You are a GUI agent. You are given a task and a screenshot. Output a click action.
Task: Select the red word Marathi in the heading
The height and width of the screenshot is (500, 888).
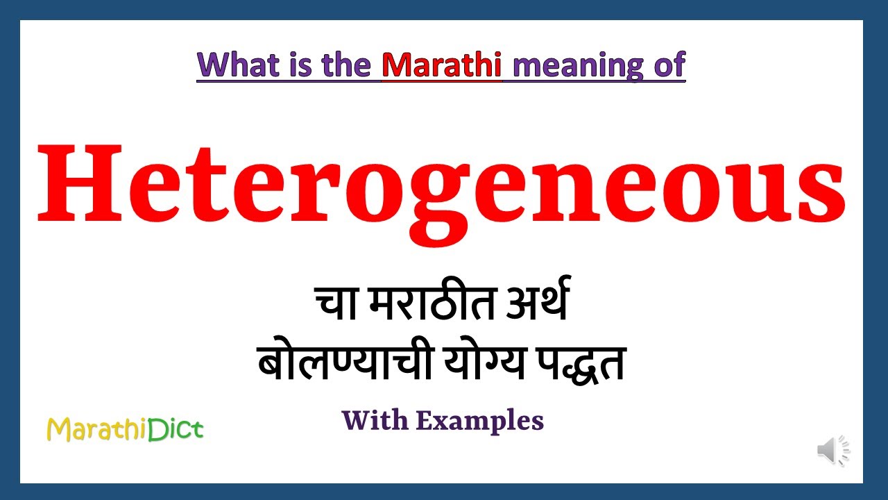pyautogui.click(x=441, y=65)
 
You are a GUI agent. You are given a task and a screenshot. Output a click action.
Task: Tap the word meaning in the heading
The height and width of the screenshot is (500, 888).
pyautogui.click(x=568, y=66)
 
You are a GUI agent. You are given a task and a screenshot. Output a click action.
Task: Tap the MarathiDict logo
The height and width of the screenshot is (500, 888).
pyautogui.click(x=125, y=430)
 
